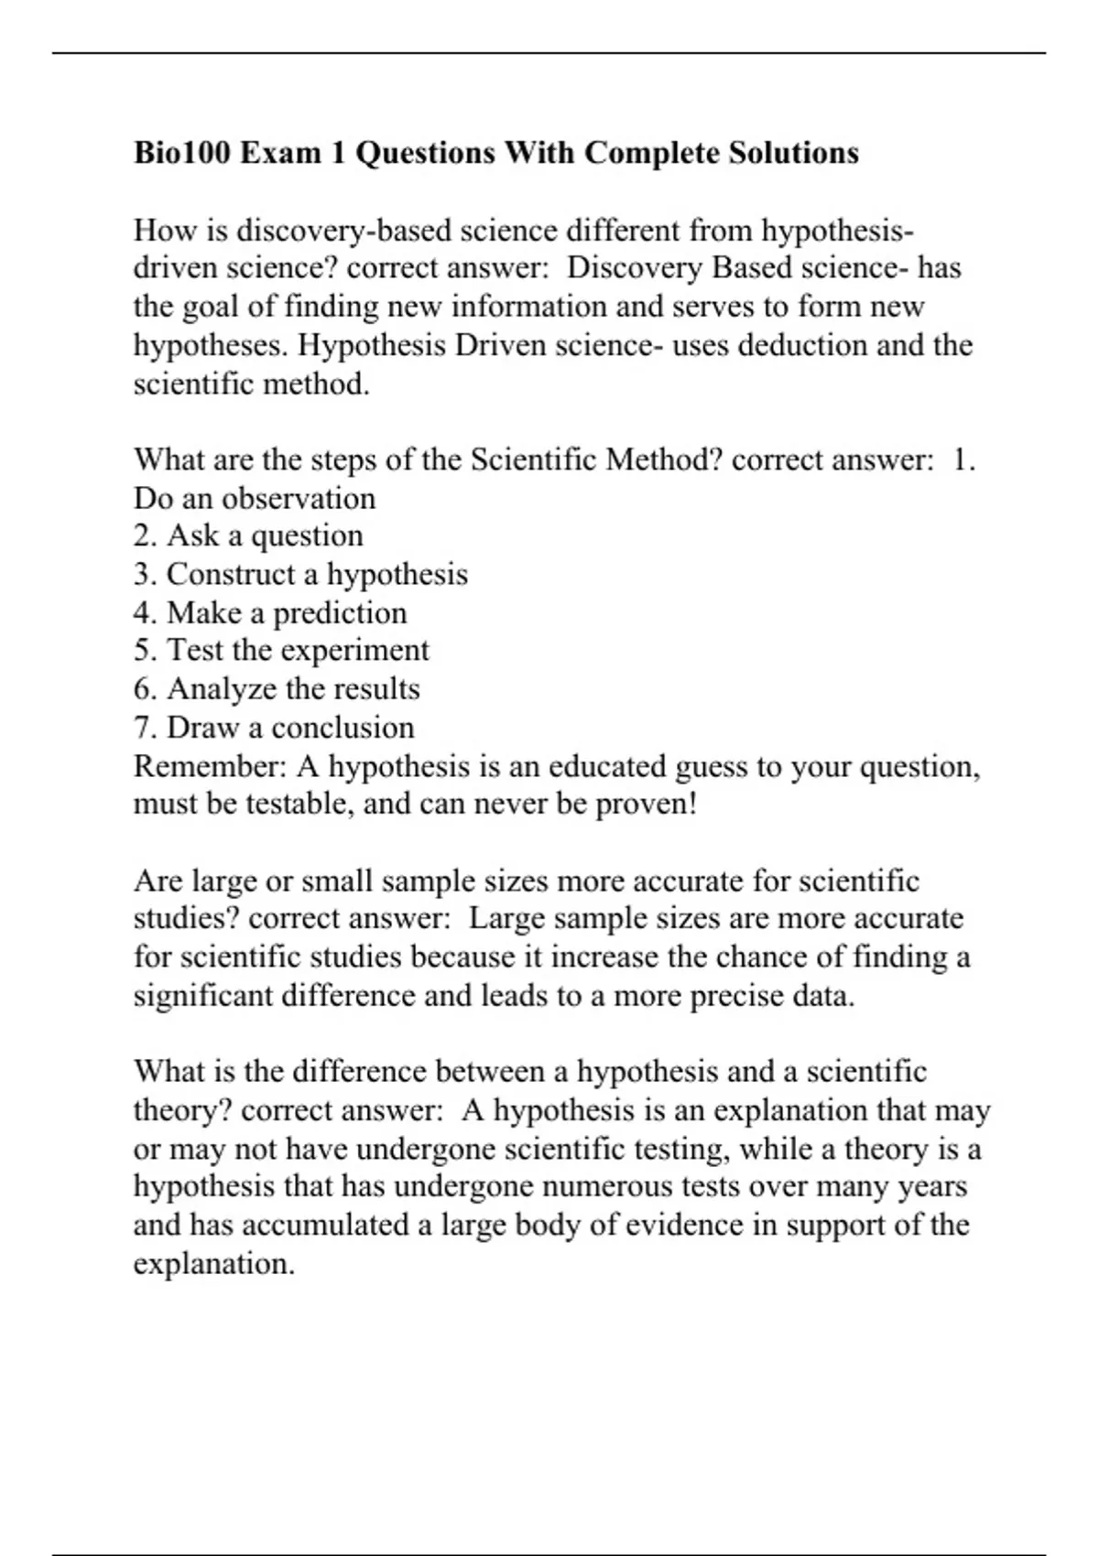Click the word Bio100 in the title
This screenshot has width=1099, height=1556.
click(183, 152)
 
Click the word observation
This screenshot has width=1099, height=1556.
click(299, 498)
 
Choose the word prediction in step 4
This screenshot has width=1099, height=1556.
click(340, 612)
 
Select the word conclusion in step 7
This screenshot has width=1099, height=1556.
click(343, 727)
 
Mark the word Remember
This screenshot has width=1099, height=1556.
click(211, 765)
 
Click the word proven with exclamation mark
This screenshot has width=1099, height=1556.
click(647, 804)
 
